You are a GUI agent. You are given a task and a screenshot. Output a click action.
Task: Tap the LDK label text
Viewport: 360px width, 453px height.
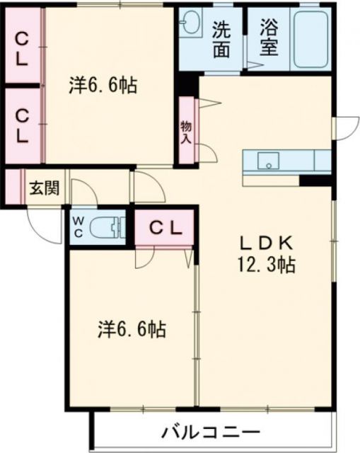[x=266, y=243]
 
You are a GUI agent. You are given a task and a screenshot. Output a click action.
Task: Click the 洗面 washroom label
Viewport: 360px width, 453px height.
[x=221, y=39]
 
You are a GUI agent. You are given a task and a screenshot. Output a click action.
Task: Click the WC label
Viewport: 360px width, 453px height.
[x=78, y=227]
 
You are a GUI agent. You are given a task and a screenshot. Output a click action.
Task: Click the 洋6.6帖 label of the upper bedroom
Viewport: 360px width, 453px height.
[x=103, y=86]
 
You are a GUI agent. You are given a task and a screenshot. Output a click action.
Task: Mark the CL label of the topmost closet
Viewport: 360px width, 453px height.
[x=22, y=48]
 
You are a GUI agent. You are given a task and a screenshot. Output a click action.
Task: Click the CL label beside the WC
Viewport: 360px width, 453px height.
[x=165, y=228]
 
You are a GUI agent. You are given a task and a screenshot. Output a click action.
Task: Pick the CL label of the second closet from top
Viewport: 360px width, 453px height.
[x=22, y=124]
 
